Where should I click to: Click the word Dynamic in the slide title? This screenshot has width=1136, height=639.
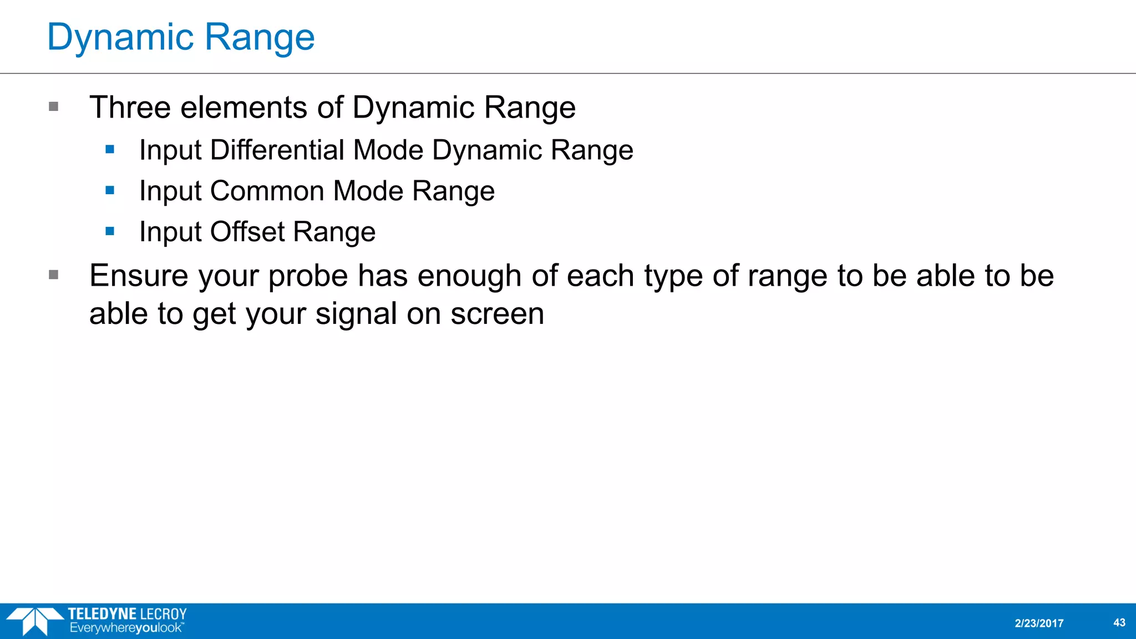120,38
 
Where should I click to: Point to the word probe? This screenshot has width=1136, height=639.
308,277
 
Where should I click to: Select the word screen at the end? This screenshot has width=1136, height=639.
497,314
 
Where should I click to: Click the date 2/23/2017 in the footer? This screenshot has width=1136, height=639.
1039,623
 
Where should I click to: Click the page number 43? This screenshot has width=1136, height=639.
1119,622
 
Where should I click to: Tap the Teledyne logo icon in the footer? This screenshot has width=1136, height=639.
34,621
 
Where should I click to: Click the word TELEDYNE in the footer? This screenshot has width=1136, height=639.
102,614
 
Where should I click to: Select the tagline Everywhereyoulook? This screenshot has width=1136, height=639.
126,628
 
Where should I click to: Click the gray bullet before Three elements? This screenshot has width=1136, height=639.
54,106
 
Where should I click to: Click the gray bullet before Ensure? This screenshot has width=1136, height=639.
54,275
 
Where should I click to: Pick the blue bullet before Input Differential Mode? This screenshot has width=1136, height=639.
110,149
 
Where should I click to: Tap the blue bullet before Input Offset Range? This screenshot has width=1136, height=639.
110,231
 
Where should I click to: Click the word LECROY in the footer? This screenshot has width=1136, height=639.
164,614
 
